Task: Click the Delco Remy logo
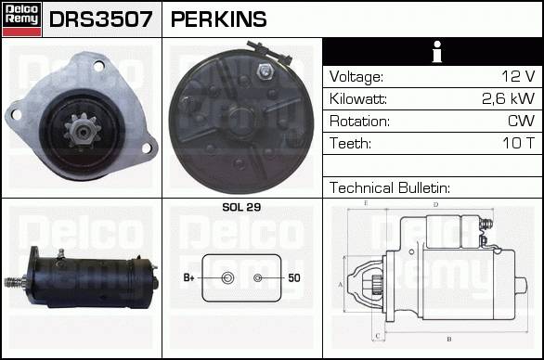(21, 19)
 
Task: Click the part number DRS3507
(100, 19)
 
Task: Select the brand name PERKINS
(218, 19)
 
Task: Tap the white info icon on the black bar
(437, 52)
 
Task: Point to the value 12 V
(518, 76)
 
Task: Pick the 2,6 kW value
(509, 99)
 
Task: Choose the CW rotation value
(521, 121)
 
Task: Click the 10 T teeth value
(519, 143)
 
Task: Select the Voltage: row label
(356, 77)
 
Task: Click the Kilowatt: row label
(358, 99)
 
